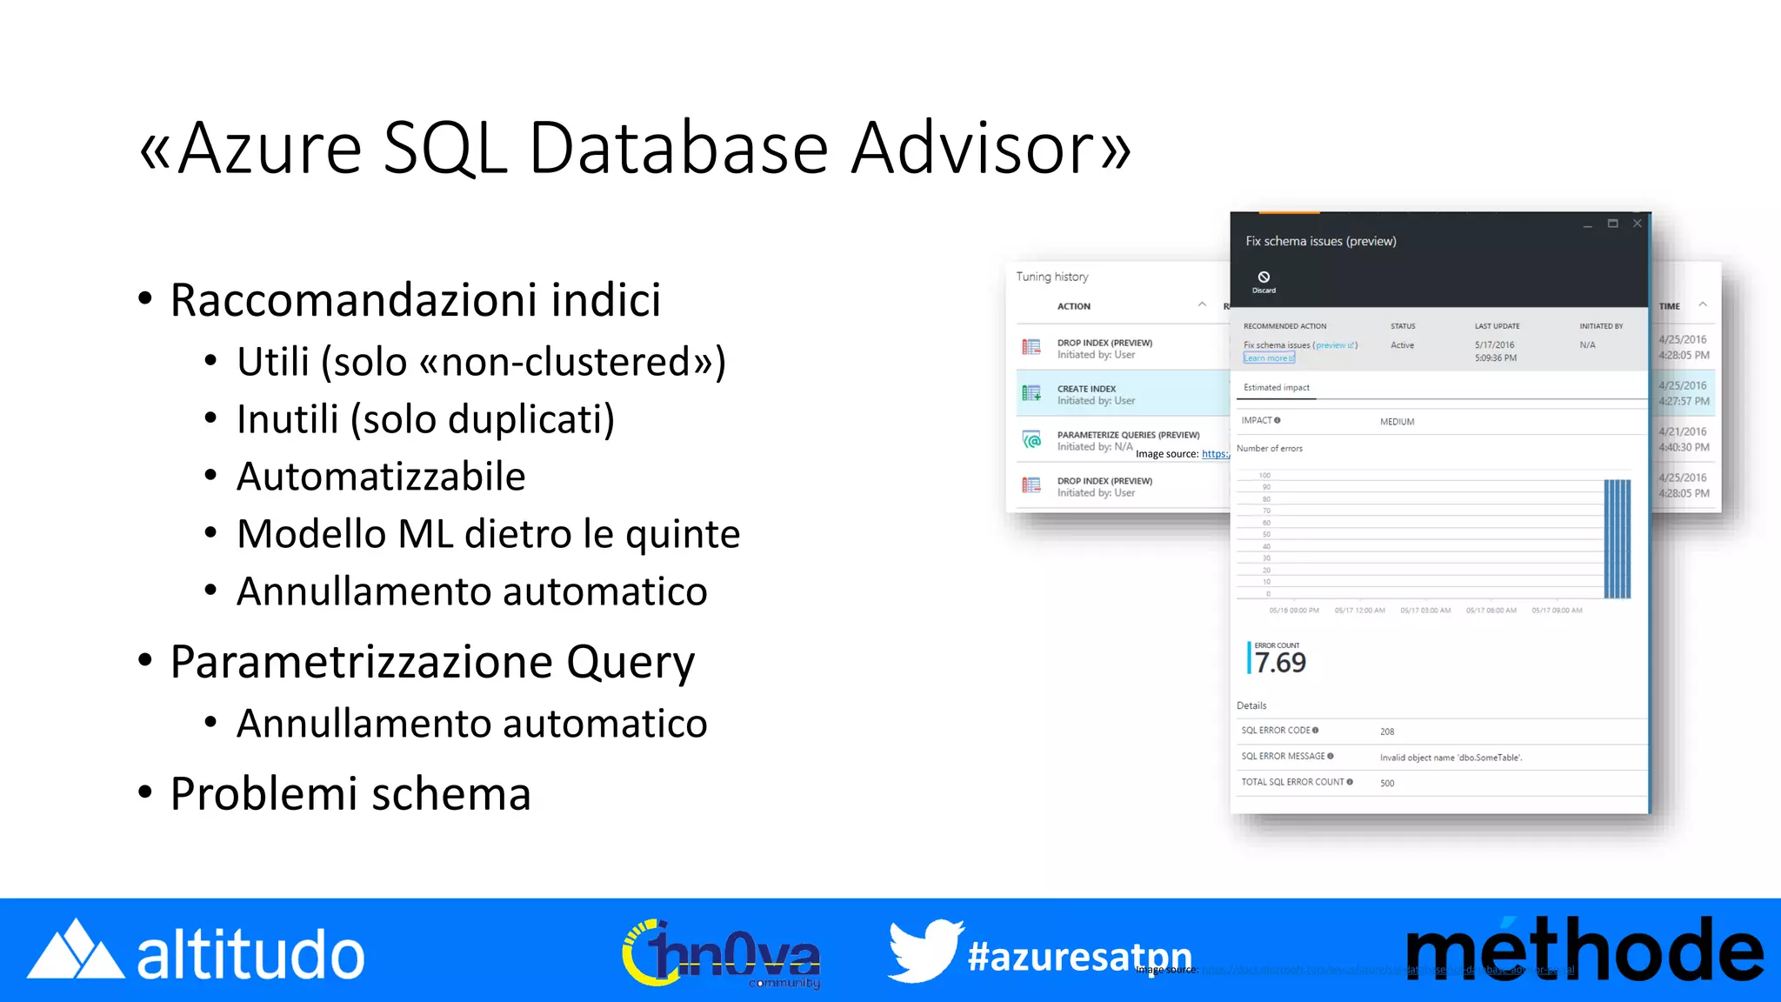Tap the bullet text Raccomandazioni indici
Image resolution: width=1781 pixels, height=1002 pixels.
415,300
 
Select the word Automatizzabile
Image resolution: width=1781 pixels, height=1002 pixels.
381,477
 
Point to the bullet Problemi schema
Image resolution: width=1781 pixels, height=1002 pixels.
350,794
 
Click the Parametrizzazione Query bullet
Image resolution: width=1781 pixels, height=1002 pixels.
432,662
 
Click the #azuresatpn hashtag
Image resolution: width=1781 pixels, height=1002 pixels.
1079,956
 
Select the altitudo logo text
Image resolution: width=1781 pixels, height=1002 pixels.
250,954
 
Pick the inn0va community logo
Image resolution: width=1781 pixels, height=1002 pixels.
722,954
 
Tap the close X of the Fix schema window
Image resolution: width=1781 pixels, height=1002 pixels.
1638,224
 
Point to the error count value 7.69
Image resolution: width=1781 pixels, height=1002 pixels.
1280,663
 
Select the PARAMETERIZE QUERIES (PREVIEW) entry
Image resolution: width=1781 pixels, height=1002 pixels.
1127,435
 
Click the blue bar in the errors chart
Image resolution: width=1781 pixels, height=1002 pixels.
1617,538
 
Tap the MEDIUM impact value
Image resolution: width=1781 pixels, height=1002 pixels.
1397,422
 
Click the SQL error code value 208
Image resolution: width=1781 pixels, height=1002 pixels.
1387,731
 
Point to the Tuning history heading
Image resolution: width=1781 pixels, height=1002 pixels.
1052,277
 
